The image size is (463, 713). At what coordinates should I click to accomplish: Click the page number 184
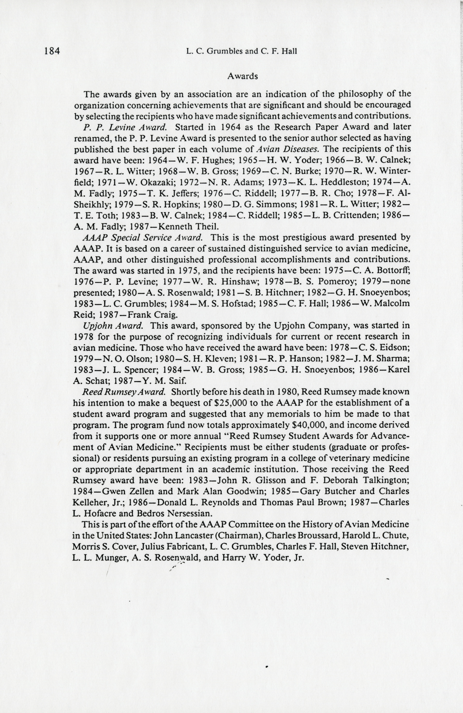click(x=52, y=51)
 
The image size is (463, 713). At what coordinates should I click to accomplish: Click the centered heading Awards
click(x=243, y=76)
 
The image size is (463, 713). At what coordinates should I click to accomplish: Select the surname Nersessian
click(x=190, y=513)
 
